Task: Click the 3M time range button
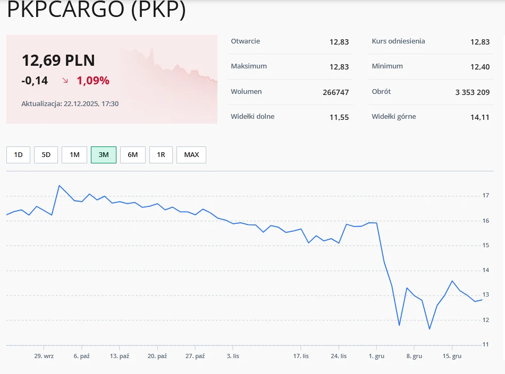[x=104, y=155]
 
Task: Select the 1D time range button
[x=19, y=155]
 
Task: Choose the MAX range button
[x=191, y=155]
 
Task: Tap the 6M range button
[x=133, y=155]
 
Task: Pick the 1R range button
[x=161, y=155]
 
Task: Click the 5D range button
[x=46, y=155]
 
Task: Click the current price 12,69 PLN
[x=58, y=60]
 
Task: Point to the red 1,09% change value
[x=93, y=81]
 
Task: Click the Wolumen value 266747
[x=335, y=92]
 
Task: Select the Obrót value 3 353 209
[x=473, y=92]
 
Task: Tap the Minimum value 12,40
[x=479, y=67]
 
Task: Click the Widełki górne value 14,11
[x=479, y=117]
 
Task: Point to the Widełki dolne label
[x=252, y=117]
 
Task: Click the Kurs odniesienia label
[x=398, y=41]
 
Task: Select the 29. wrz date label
[x=44, y=356]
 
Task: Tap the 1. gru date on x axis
[x=377, y=356]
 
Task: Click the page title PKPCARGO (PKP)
[x=97, y=10]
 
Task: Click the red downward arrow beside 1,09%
[x=65, y=81]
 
